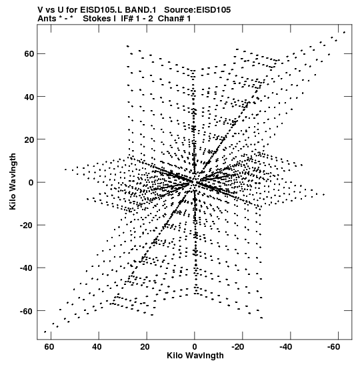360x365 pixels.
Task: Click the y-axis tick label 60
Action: coord(29,54)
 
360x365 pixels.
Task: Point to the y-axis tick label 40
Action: coord(29,97)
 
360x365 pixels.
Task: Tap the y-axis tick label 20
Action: coord(29,139)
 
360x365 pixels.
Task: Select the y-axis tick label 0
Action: coord(31,183)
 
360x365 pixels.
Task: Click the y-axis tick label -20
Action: coord(27,226)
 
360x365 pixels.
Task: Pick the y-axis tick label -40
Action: coord(27,268)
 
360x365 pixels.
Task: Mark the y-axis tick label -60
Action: coord(27,311)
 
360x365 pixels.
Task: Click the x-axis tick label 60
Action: coord(49,347)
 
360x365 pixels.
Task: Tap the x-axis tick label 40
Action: coord(97,347)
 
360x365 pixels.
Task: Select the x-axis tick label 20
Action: coord(145,347)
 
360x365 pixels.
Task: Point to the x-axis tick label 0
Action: coord(195,347)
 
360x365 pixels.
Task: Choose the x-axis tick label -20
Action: coord(238,347)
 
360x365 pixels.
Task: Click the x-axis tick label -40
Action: coord(285,347)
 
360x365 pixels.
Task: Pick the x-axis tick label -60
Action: coord(333,347)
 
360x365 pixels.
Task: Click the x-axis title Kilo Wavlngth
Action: coord(195,356)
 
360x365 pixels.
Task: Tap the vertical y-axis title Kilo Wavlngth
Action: coord(13,181)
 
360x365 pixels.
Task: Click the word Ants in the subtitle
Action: coord(47,19)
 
